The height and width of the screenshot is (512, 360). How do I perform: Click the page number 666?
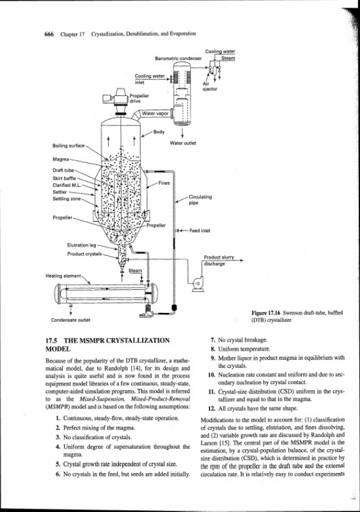point(49,34)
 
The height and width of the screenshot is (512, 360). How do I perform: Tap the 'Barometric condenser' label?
point(178,58)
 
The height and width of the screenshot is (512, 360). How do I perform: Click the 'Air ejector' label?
point(210,86)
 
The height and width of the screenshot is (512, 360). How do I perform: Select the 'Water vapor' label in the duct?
point(155,114)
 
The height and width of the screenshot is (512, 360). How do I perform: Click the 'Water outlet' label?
point(183,143)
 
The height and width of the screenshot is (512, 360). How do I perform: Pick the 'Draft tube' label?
point(63,170)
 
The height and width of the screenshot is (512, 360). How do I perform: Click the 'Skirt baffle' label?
point(65,179)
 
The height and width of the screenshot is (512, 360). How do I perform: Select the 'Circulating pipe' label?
point(200,200)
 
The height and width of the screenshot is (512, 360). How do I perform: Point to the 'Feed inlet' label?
point(200,231)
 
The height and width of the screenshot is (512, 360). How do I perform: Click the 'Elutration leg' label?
point(82,245)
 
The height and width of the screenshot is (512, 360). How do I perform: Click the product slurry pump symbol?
point(198,284)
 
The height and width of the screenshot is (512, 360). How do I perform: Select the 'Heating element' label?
point(63,276)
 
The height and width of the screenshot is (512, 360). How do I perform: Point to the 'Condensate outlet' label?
point(70,320)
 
